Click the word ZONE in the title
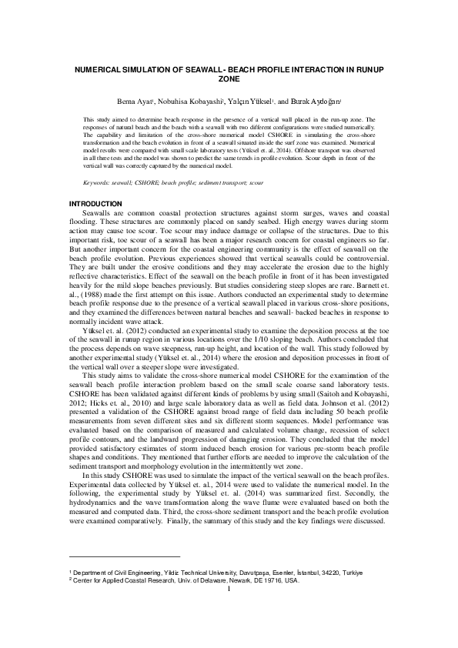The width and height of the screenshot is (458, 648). point(229,78)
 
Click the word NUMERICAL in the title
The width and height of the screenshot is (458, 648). point(98,69)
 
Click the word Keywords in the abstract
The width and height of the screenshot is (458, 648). point(97,182)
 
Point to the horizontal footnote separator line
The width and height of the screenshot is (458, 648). point(124,556)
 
